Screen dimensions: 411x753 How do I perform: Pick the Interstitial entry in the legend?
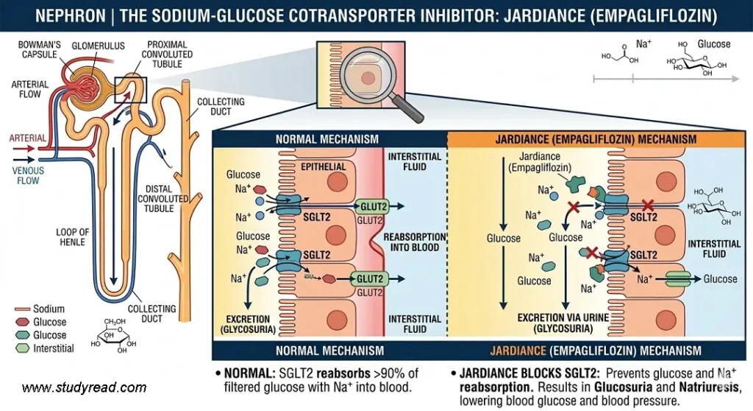54,348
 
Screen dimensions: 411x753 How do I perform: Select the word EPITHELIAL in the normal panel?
324,166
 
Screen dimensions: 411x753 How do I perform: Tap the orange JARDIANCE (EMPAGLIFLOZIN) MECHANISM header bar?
600,138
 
